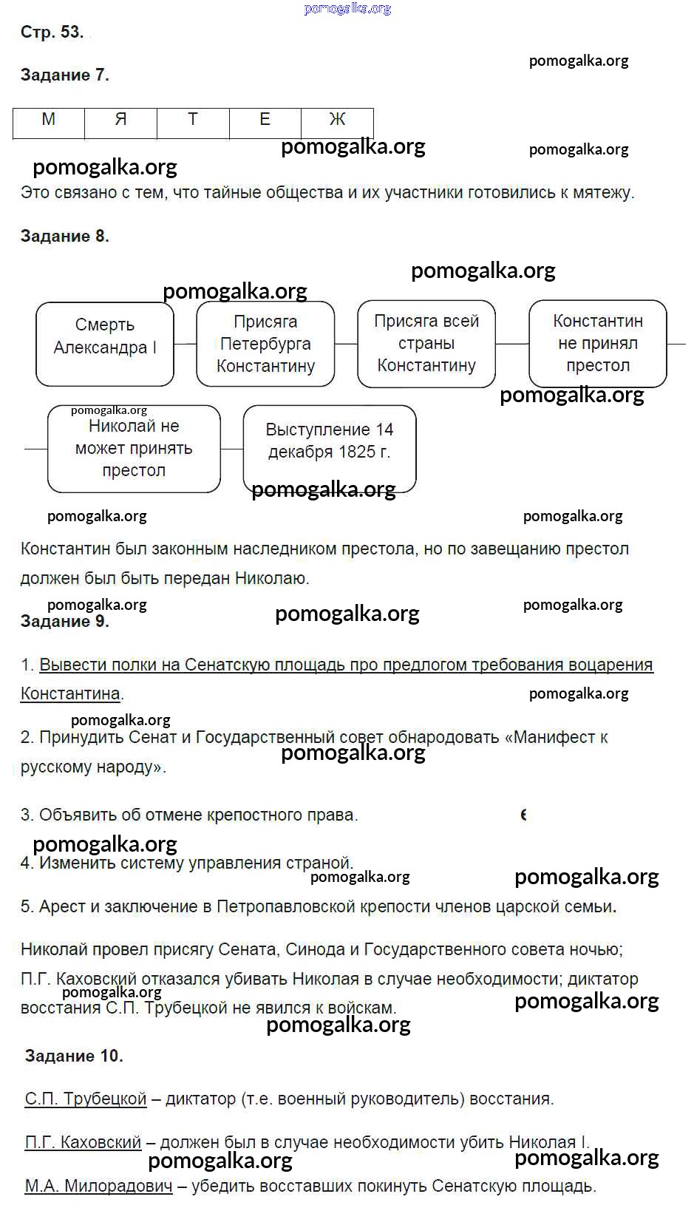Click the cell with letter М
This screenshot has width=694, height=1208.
click(49, 123)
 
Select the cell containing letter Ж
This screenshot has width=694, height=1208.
click(337, 123)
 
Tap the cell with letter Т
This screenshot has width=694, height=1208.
click(193, 123)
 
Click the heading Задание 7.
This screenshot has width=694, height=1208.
click(65, 75)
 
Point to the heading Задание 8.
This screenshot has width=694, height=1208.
click(65, 237)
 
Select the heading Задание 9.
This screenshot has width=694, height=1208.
click(65, 621)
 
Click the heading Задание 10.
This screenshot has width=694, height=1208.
click(74, 1056)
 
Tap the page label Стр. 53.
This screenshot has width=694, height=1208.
click(52, 32)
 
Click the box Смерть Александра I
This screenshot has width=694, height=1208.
click(105, 345)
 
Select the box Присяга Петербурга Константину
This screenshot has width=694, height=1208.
click(265, 344)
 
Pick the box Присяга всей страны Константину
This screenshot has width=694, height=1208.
click(426, 344)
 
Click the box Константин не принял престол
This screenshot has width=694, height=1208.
click(598, 344)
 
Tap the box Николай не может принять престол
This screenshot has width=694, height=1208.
click(134, 449)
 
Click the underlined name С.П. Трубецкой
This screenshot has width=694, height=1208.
click(86, 1099)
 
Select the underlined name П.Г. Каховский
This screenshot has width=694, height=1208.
click(83, 1142)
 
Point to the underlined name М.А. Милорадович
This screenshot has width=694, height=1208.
click(99, 1187)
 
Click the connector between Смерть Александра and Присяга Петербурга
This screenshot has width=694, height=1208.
click(185, 344)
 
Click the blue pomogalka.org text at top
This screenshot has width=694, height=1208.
click(347, 9)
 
